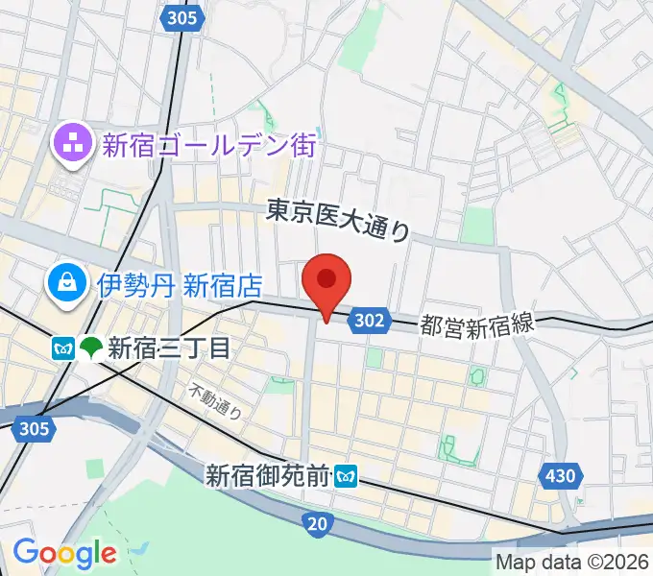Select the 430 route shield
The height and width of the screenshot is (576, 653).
[560, 474]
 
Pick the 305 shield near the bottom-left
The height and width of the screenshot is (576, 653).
[35, 428]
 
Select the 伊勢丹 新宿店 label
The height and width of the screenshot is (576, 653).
[180, 284]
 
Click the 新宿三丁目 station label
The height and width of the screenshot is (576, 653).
[169, 348]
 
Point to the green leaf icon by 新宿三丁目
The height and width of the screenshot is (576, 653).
[92, 348]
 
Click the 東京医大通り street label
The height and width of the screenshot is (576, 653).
[338, 219]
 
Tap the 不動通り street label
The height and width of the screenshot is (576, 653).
[215, 401]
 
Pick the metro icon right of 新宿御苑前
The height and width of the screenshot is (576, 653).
[346, 474]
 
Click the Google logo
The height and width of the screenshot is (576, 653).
[64, 553]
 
